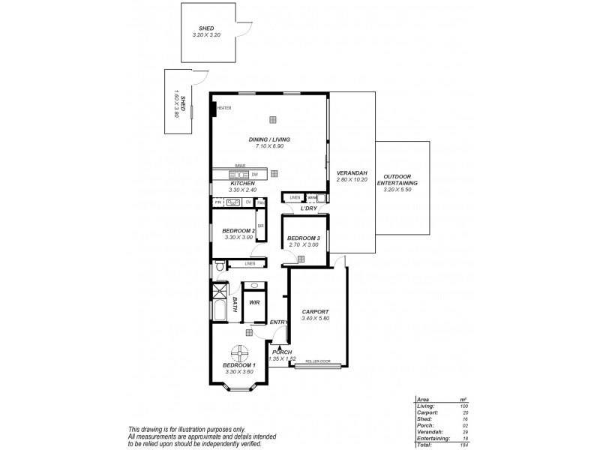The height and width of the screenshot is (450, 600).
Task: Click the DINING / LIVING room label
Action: pyautogui.click(x=269, y=139)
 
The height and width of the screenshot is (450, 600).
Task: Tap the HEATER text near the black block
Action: pyautogui.click(x=225, y=108)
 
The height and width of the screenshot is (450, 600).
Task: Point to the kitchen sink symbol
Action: pyautogui.click(x=233, y=202)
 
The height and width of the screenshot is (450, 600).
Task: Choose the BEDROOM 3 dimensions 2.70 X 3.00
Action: pyautogui.click(x=303, y=244)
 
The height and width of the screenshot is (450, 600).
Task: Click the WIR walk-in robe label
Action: pyautogui.click(x=254, y=304)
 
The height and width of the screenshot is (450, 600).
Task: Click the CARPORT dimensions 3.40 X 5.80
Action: pyautogui.click(x=316, y=318)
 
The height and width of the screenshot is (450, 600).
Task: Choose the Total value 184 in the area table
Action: pyautogui.click(x=464, y=445)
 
